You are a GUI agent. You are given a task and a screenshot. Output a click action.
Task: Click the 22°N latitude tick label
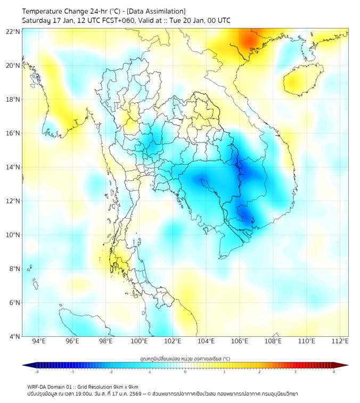click(x=13, y=31)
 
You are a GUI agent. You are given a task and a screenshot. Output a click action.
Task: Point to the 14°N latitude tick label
click(x=13, y=167)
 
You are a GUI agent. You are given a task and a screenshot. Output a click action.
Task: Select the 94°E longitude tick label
click(x=39, y=341)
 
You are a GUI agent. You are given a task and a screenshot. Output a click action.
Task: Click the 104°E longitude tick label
click(x=206, y=341)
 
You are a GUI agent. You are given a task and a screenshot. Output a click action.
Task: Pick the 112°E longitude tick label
click(x=340, y=341)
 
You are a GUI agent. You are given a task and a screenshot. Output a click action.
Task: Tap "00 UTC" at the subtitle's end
click(x=218, y=20)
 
